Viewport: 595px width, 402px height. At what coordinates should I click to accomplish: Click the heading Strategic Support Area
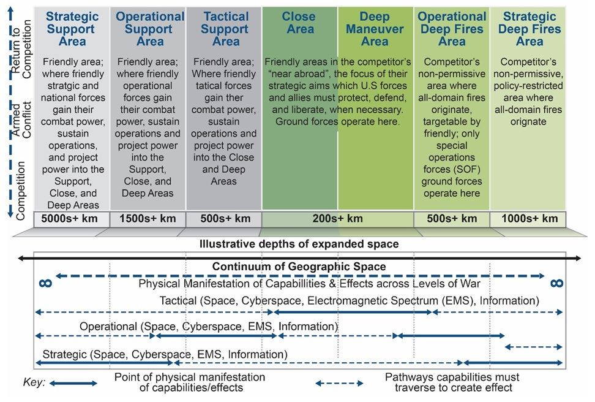[x=73, y=29]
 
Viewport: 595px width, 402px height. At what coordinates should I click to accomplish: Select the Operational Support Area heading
[x=149, y=29]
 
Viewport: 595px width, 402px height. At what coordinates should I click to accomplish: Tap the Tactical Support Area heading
[x=225, y=29]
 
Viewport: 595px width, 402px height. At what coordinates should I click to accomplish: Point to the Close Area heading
[x=299, y=23]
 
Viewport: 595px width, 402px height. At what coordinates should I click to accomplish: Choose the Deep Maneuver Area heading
[x=375, y=29]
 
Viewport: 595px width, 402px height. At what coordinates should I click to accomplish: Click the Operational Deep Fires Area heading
[x=452, y=29]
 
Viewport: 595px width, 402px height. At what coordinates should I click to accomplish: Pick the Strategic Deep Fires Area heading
[x=529, y=29]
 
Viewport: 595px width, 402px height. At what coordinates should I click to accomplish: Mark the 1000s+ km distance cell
[x=530, y=219]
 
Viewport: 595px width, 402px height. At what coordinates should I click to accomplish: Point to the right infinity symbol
[x=555, y=283]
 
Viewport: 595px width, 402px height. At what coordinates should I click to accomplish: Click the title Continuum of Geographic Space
[x=299, y=267]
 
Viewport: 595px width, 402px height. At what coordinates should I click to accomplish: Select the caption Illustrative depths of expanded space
[x=299, y=244]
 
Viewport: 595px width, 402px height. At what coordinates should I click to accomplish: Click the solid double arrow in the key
[x=73, y=384]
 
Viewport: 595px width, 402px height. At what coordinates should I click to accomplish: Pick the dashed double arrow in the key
[x=339, y=384]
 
